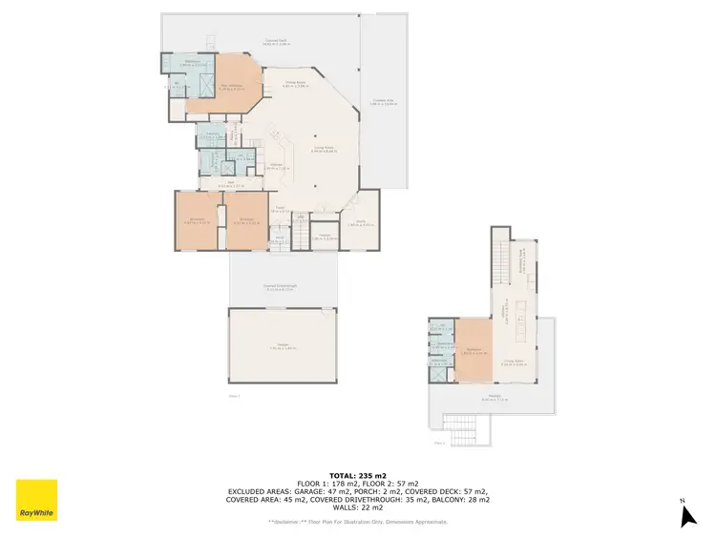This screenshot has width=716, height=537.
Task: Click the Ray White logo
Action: [36, 500]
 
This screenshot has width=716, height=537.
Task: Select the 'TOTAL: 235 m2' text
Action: [357, 474]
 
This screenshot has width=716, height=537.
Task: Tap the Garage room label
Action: [283, 346]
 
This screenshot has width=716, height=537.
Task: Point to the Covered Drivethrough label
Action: [283, 287]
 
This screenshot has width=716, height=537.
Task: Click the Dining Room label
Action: [305, 85]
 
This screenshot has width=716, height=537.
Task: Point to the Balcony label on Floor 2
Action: [494, 399]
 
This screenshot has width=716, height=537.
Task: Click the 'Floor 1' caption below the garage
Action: [234, 395]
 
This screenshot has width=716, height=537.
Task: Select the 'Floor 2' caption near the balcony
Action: [439, 444]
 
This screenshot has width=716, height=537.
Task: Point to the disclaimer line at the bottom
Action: [357, 522]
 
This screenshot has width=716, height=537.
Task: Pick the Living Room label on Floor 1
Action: [325, 148]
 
